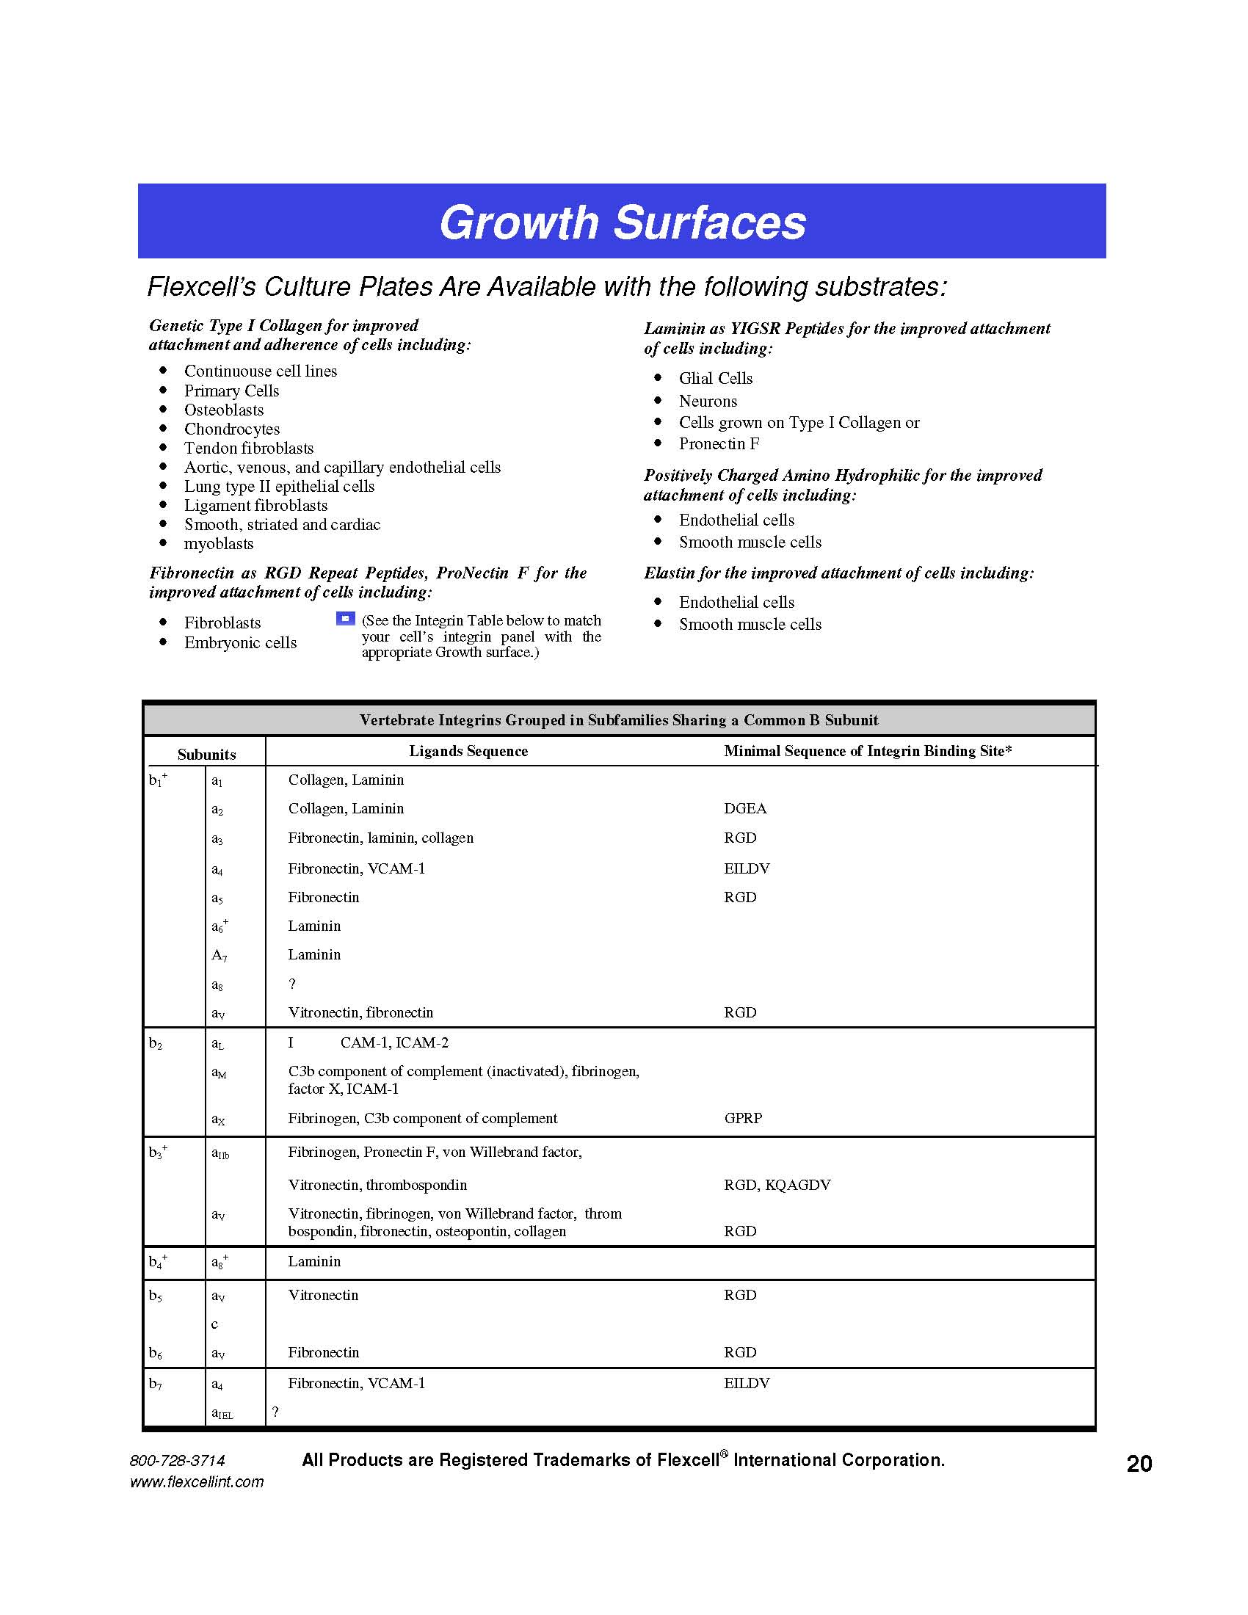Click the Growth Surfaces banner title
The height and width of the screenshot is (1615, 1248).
[x=623, y=222]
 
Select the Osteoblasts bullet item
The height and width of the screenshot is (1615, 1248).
[x=223, y=410]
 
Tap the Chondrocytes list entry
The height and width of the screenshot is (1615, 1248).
[x=231, y=429]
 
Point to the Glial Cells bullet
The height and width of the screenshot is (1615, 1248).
[x=715, y=379]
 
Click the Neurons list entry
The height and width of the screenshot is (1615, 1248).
[x=708, y=401]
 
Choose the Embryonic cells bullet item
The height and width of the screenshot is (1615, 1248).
[x=240, y=642]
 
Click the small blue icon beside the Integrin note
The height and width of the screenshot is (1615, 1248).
[x=345, y=618]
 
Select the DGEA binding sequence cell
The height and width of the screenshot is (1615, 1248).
[x=744, y=808]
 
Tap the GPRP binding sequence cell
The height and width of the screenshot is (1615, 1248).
[x=742, y=1118]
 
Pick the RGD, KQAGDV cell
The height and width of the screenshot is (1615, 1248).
[x=776, y=1185]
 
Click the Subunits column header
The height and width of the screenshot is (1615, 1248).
[x=206, y=754]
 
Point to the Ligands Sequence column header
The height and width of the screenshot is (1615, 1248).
[x=468, y=751]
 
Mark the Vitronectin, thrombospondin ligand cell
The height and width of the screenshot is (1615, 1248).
[x=377, y=1185]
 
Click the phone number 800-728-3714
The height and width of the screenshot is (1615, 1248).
[x=178, y=1460]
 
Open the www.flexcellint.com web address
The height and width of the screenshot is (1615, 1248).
[x=197, y=1482]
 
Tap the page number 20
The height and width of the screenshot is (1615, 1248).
[x=1139, y=1463]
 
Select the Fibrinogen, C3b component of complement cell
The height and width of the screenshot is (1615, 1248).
[x=422, y=1118]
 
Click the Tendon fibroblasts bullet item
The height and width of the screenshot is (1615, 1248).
[x=248, y=448]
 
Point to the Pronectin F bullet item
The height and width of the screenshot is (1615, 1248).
[x=719, y=443]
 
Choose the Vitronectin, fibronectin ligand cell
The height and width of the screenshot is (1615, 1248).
[x=360, y=1012]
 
